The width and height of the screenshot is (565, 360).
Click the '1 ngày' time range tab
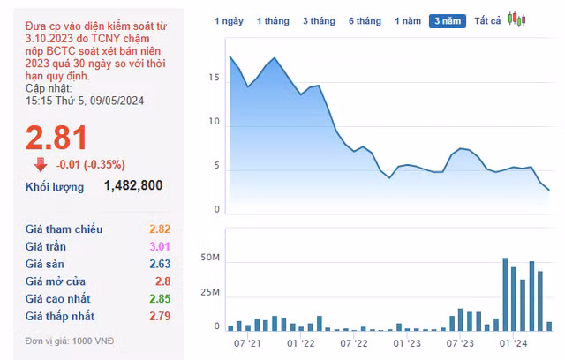click(229, 20)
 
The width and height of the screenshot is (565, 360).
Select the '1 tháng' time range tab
click(272, 20)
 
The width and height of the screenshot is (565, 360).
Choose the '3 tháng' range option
click(318, 20)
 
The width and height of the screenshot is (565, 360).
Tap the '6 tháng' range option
click(364, 20)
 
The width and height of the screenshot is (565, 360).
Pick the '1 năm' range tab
click(408, 20)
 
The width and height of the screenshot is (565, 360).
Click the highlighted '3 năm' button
click(448, 20)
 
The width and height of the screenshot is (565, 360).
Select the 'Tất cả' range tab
click(487, 20)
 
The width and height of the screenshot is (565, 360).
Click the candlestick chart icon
click(516, 19)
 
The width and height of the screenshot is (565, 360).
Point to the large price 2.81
click(56, 139)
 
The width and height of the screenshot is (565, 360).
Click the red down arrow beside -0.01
click(41, 164)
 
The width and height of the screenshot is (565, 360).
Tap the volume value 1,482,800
click(132, 185)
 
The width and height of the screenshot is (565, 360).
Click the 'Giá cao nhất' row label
click(58, 299)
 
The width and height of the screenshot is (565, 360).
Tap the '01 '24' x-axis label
click(514, 345)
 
